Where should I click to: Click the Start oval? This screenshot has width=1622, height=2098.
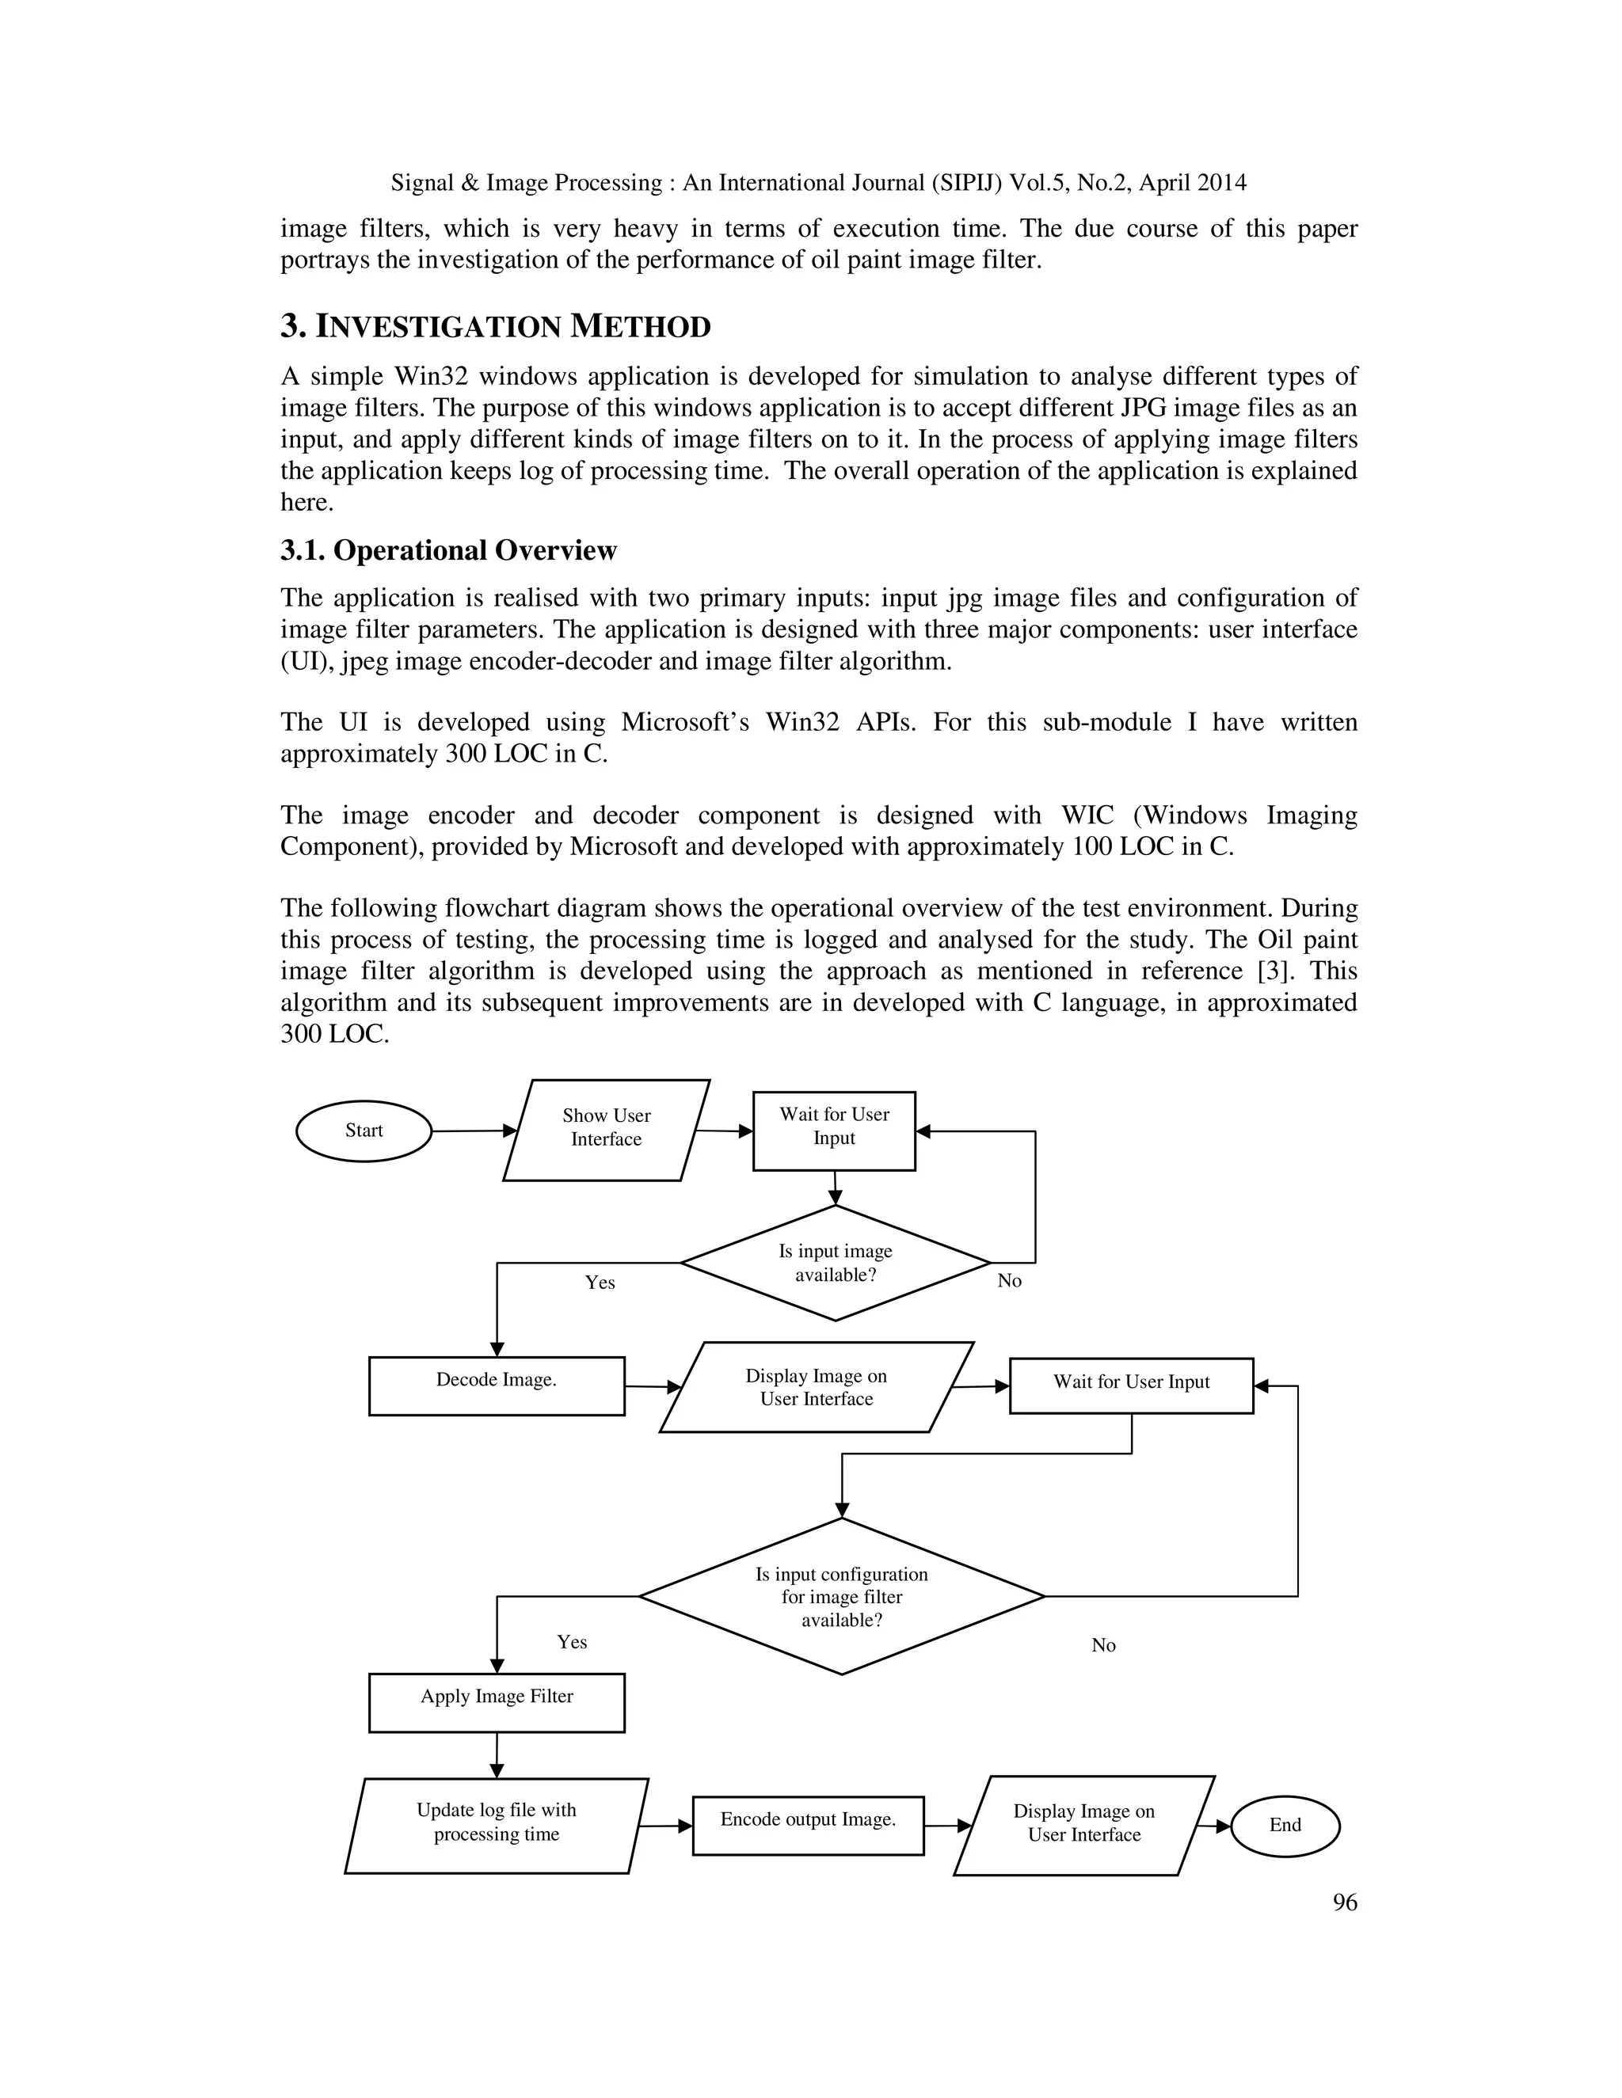(x=364, y=1131)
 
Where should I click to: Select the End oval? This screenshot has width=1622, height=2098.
(x=1285, y=1825)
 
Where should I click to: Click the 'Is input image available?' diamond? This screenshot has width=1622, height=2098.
(x=835, y=1262)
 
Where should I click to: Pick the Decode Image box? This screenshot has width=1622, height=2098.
(x=496, y=1385)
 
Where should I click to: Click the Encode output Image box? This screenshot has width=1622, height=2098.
(x=807, y=1825)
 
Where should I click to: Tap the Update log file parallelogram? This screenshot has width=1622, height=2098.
(x=496, y=1825)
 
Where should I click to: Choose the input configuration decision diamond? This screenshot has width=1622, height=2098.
(x=842, y=1597)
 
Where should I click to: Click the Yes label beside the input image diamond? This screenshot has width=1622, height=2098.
(x=600, y=1283)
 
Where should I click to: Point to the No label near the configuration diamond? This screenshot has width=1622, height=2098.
(x=1103, y=1646)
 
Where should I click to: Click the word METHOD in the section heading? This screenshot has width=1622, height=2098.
(x=640, y=327)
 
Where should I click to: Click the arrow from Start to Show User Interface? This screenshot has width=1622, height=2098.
(x=474, y=1131)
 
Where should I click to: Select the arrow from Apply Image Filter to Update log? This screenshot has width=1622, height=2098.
(x=497, y=1754)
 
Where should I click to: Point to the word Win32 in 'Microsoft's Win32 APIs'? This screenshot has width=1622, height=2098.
(x=802, y=721)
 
